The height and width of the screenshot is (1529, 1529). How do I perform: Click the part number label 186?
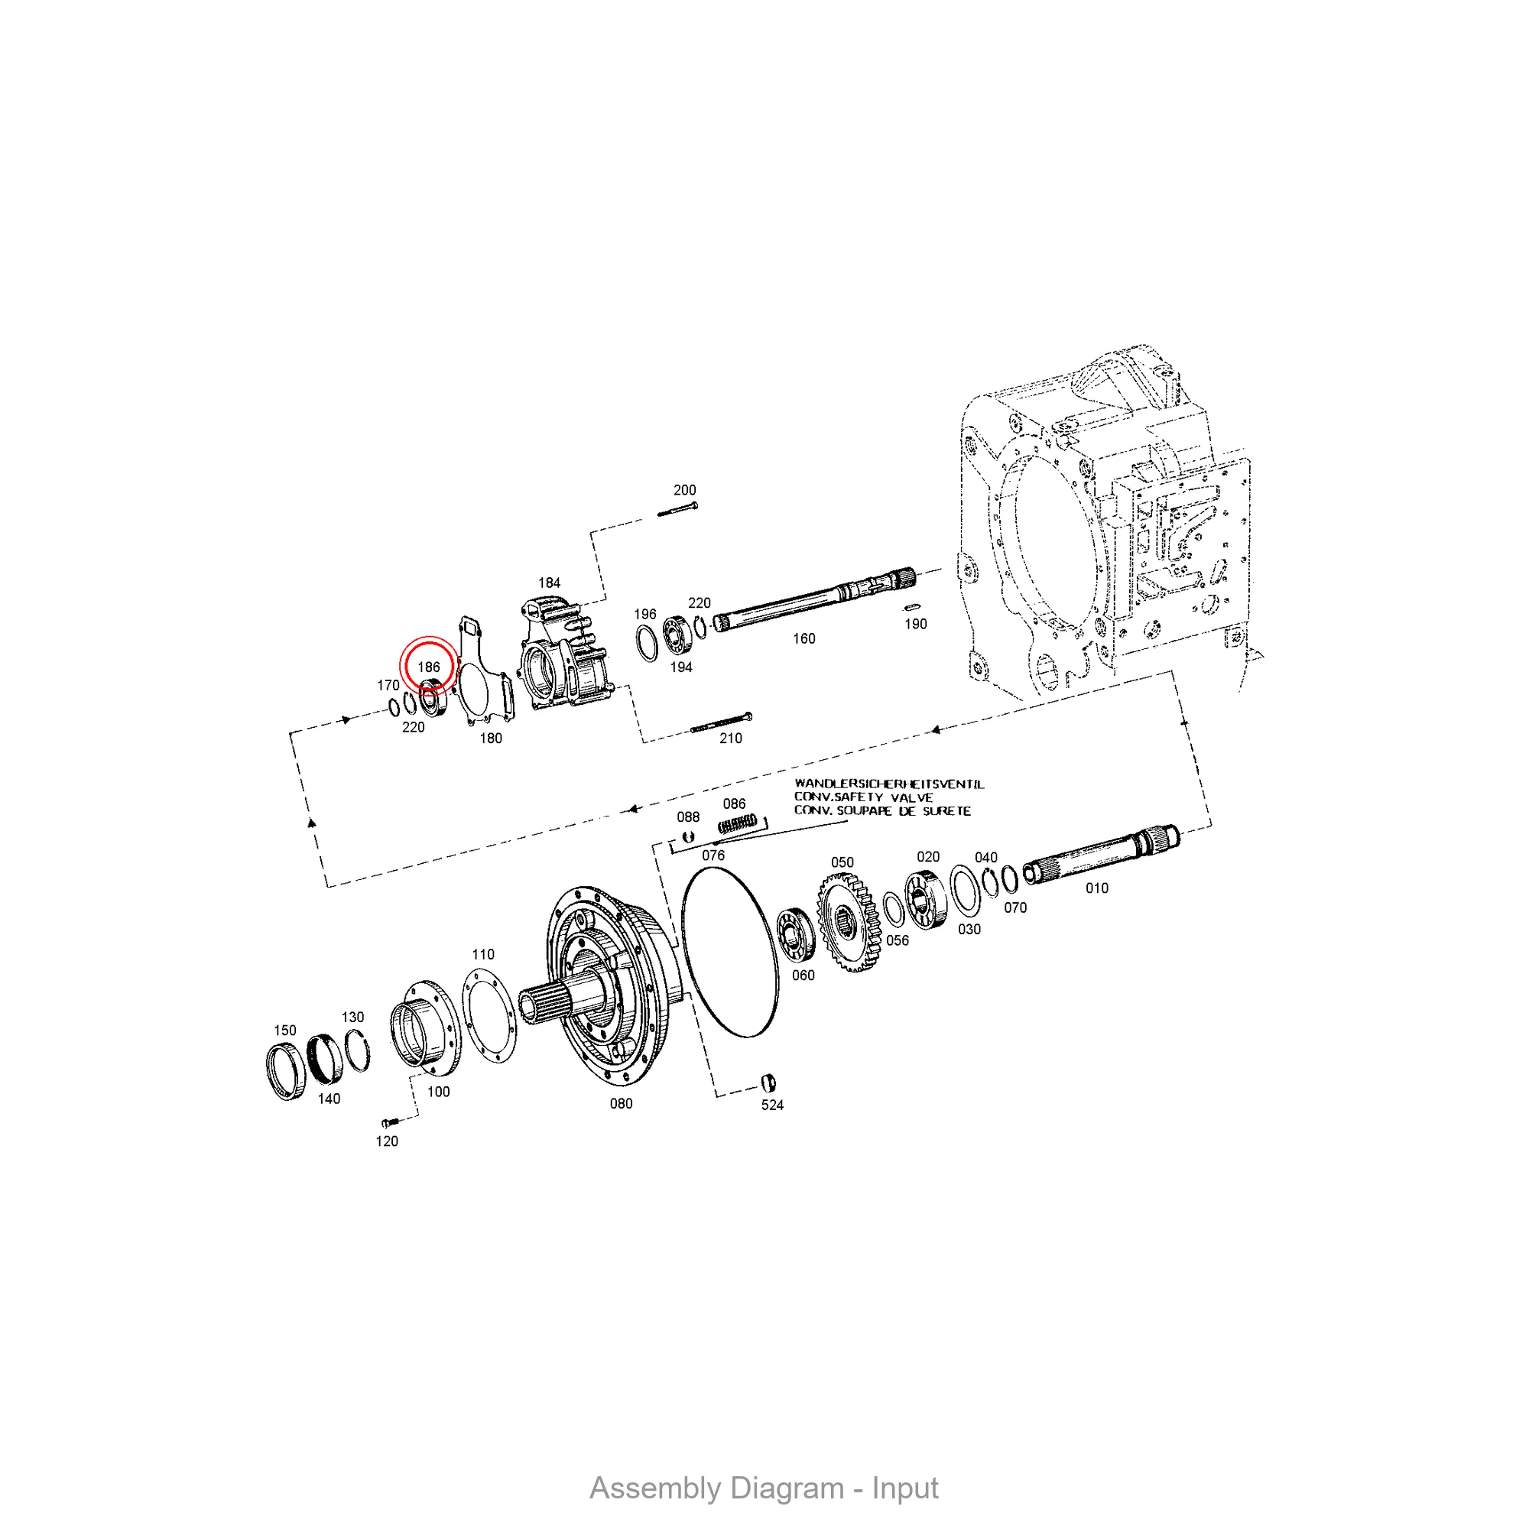(x=428, y=667)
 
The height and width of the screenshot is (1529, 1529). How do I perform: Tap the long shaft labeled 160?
(x=814, y=600)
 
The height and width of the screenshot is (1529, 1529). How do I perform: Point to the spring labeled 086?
(x=738, y=824)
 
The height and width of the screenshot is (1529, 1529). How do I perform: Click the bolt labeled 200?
(x=677, y=509)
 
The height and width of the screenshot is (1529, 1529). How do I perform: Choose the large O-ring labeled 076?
(x=729, y=952)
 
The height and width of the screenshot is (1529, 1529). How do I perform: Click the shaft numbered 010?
(x=1101, y=854)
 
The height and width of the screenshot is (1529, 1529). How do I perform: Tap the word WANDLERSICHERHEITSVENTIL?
(x=890, y=784)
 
